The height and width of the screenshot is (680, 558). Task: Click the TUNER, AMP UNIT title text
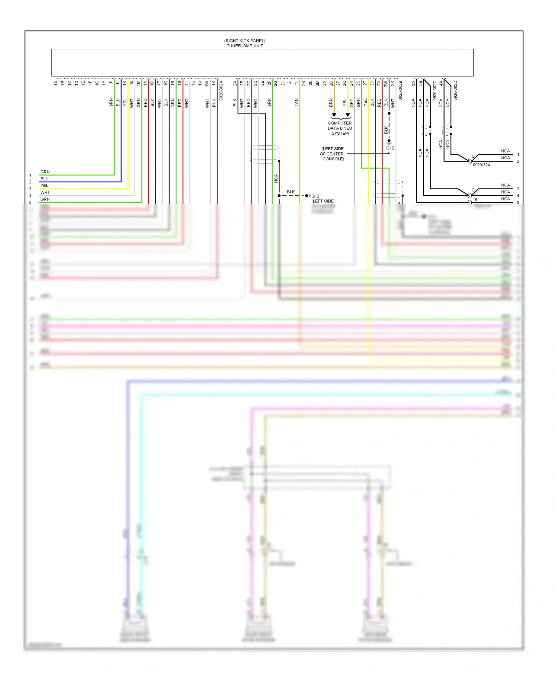(245, 46)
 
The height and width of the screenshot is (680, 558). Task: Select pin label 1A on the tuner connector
(56, 83)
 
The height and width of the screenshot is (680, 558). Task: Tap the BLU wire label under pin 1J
(118, 102)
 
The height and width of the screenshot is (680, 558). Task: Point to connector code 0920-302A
(221, 90)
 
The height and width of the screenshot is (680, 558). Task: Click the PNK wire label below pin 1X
(214, 103)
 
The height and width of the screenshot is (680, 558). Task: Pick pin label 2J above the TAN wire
(297, 83)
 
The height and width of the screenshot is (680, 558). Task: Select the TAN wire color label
(296, 102)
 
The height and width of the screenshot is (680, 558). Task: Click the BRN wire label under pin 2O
(331, 103)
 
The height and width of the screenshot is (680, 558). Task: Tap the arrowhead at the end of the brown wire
(334, 115)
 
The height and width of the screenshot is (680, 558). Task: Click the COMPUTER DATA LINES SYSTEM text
(340, 128)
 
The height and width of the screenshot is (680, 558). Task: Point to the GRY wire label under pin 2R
(352, 103)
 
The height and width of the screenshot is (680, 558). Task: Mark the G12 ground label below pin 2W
(390, 148)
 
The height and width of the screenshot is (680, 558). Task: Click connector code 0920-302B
(400, 90)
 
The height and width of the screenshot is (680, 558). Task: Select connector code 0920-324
(481, 165)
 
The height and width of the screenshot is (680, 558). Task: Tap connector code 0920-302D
(455, 90)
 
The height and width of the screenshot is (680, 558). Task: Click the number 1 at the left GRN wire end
(31, 175)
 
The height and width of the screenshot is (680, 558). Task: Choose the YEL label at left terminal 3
(44, 186)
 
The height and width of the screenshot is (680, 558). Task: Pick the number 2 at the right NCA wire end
(518, 161)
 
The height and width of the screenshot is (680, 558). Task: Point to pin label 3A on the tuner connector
(413, 83)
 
